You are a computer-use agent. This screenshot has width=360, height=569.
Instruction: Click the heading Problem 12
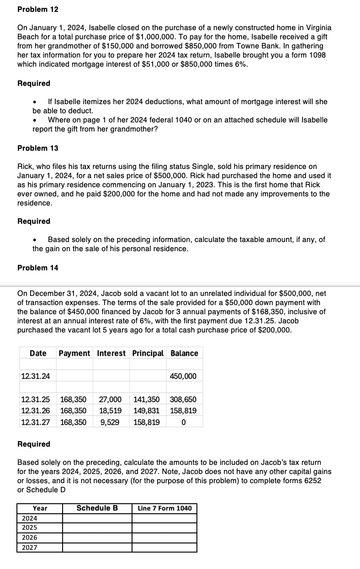click(x=37, y=9)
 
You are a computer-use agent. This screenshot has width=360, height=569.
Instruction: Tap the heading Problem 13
click(x=37, y=148)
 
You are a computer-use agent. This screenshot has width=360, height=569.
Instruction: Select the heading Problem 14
click(x=37, y=268)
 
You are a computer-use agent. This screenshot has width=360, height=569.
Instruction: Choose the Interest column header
click(x=112, y=353)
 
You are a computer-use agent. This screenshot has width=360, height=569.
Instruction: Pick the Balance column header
click(x=184, y=353)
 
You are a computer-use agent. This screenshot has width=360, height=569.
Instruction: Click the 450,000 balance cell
click(x=183, y=376)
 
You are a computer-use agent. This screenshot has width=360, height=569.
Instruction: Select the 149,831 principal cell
click(x=146, y=411)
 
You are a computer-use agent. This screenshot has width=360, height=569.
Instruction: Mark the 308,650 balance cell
click(x=183, y=399)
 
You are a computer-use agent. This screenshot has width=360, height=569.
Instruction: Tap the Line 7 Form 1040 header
click(x=164, y=508)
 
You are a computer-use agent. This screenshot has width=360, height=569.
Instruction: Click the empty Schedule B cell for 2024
click(x=97, y=518)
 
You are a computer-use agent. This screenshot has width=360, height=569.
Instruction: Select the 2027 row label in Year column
click(x=30, y=547)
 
